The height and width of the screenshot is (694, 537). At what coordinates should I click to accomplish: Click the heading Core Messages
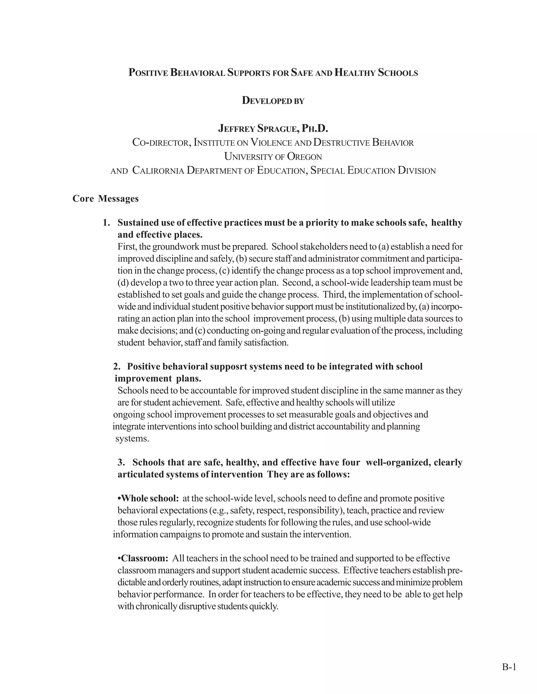click(x=105, y=199)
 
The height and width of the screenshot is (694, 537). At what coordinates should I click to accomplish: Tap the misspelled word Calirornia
click(x=158, y=171)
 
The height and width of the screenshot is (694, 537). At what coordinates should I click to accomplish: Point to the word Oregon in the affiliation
click(x=304, y=157)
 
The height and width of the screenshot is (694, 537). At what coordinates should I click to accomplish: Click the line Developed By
click(x=273, y=101)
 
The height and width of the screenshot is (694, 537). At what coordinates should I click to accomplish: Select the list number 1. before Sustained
click(x=106, y=223)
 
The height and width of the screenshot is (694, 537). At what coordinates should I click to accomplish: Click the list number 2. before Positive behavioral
click(x=117, y=366)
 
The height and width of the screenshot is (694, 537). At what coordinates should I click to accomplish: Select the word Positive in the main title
click(x=148, y=73)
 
